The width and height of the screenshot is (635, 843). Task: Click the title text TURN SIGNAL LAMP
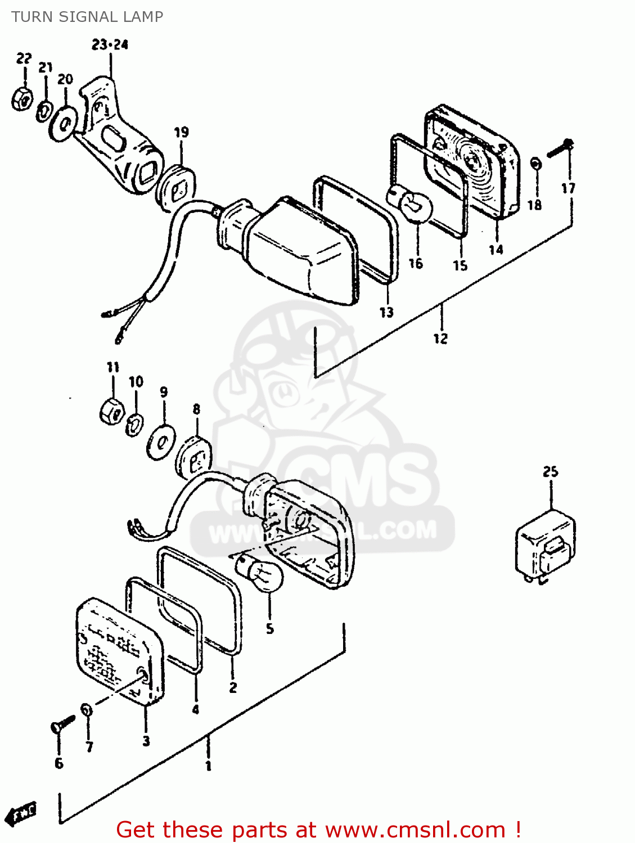pyautogui.click(x=87, y=17)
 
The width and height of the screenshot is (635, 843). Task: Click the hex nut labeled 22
pyautogui.click(x=22, y=99)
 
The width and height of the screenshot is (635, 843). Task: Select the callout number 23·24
pyautogui.click(x=110, y=44)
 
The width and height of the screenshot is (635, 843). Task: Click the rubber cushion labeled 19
pyautogui.click(x=176, y=188)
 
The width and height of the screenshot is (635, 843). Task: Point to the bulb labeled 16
pyautogui.click(x=412, y=204)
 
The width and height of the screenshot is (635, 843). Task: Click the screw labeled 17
pyautogui.click(x=560, y=148)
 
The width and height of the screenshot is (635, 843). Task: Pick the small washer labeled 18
pyautogui.click(x=535, y=164)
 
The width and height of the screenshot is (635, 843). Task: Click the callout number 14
pyautogui.click(x=496, y=250)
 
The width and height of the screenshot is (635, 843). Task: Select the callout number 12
pyautogui.click(x=440, y=338)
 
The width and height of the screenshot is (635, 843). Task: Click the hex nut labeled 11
pyautogui.click(x=111, y=411)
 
